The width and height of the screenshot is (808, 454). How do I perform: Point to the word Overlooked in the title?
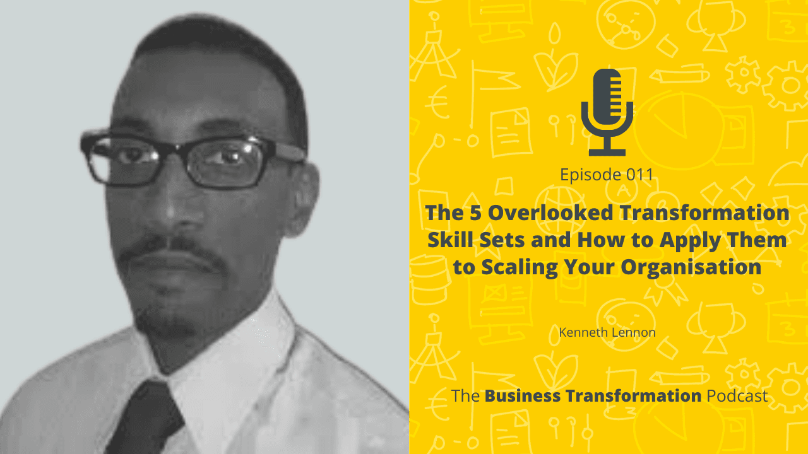[549, 212]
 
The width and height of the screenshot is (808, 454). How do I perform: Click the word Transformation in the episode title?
[703, 212]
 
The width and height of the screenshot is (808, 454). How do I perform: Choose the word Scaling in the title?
[517, 267]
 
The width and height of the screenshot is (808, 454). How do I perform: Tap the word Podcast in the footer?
[737, 396]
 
